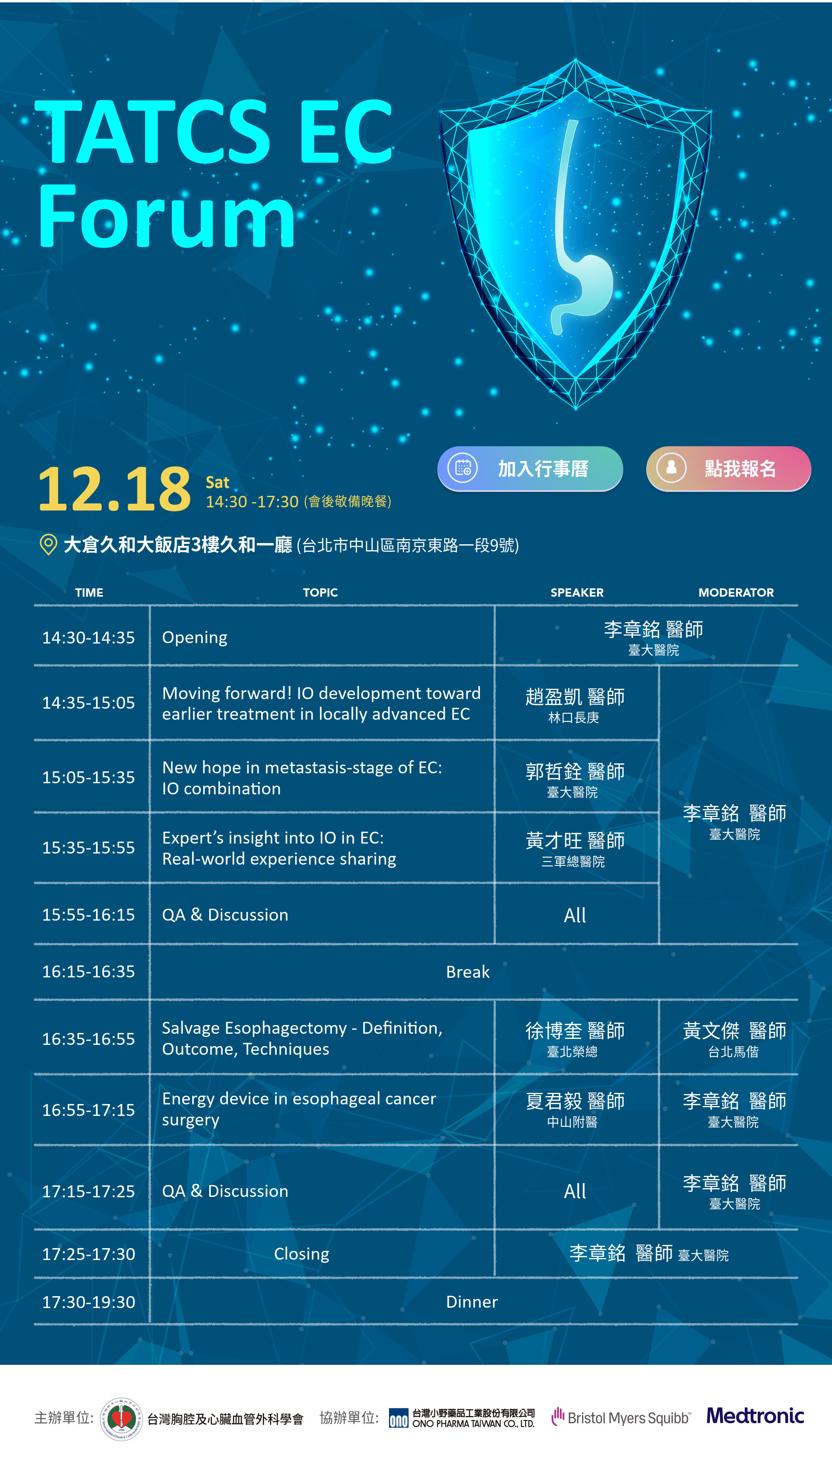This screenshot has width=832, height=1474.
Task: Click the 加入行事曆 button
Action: click(530, 468)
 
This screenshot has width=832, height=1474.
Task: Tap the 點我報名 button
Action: click(728, 468)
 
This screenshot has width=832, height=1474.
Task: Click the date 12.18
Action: click(114, 489)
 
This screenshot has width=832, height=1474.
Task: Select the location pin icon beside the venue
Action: click(48, 544)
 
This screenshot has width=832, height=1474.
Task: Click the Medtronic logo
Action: click(755, 1416)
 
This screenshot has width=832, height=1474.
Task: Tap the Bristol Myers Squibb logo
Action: click(621, 1417)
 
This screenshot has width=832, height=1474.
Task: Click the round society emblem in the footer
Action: click(121, 1418)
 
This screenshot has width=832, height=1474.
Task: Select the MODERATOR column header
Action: click(736, 593)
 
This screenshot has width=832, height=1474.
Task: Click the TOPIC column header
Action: click(320, 593)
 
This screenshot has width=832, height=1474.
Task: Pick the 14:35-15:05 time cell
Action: click(89, 703)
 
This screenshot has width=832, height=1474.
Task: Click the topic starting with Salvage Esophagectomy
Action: click(302, 1039)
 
